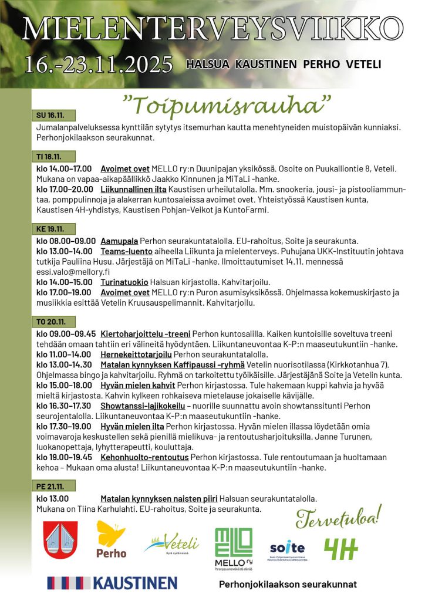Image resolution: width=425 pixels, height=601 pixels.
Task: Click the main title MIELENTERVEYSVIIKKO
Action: point(212,28)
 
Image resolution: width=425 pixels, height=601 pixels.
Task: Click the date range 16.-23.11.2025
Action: point(99,63)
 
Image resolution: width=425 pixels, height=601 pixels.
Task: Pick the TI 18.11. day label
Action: point(49,157)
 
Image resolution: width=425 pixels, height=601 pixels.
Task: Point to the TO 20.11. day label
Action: point(50,322)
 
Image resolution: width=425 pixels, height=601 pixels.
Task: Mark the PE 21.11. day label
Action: point(49,486)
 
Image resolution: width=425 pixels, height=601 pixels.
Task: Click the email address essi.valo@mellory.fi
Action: point(73,272)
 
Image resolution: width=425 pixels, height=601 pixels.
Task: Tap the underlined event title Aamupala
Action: point(119,241)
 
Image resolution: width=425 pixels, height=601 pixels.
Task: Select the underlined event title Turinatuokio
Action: point(124,282)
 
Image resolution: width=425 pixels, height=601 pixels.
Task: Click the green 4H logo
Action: point(341,549)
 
